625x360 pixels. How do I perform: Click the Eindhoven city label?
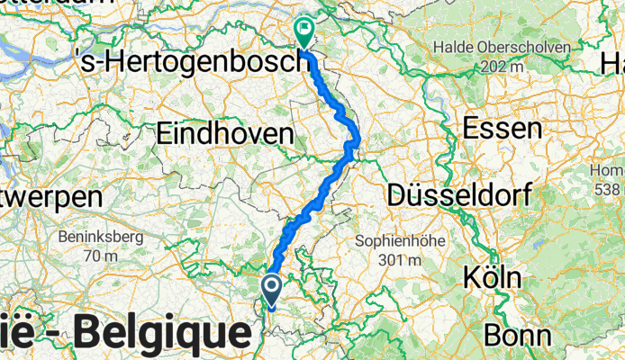[x=225, y=134]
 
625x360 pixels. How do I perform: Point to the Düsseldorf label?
[x=458, y=193]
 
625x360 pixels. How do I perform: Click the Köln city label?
[x=491, y=277]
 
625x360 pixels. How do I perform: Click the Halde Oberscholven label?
[x=503, y=47]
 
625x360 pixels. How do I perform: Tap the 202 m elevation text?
[x=503, y=66]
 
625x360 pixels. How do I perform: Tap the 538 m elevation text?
[x=609, y=189]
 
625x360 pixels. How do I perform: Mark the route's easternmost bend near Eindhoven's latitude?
[x=358, y=139]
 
